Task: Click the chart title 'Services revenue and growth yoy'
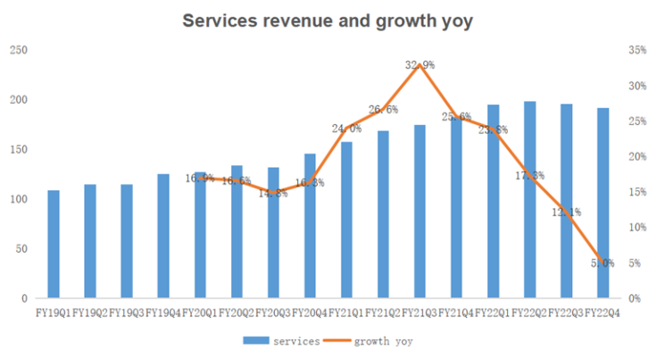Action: point(328,21)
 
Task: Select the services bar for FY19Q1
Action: point(54,244)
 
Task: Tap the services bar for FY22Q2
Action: point(530,200)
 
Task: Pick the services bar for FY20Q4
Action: point(311,226)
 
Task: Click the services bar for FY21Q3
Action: point(420,212)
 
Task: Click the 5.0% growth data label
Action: point(603,263)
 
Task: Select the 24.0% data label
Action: point(347,129)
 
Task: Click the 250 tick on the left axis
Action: point(18,50)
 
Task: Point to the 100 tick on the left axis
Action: point(18,199)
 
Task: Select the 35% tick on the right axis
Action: point(637,50)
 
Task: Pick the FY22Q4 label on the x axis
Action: point(603,314)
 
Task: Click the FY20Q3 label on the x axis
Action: point(273,314)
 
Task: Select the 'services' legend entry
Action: point(285,340)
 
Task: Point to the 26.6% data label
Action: point(383,110)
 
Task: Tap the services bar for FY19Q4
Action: point(163,236)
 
